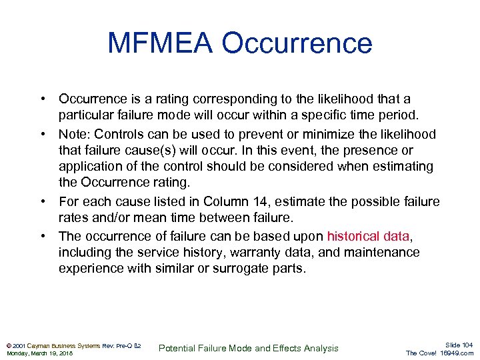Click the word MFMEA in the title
160,43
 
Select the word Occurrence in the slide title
297,43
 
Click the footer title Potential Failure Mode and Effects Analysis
249,348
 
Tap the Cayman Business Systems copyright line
73,345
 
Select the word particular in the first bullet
85,115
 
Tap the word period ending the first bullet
399,115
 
